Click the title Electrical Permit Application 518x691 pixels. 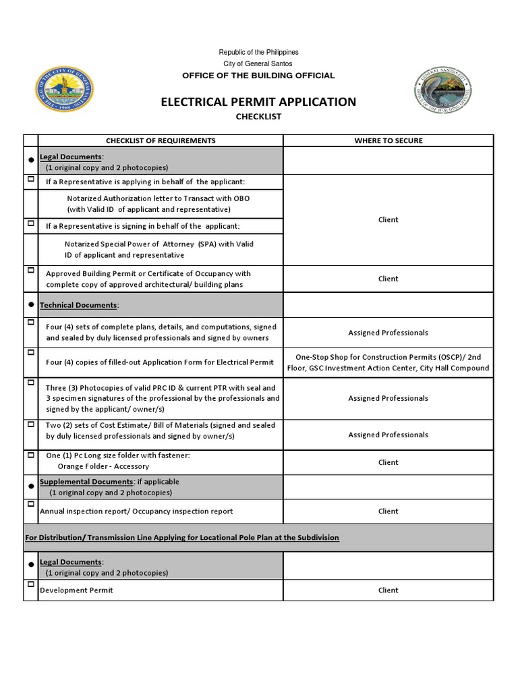[x=258, y=102]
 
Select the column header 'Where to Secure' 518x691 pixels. [x=388, y=140]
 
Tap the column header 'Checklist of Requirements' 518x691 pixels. [x=160, y=140]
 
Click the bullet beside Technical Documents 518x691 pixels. [x=31, y=305]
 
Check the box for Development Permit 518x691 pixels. [x=31, y=584]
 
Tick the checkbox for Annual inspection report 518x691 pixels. [x=31, y=504]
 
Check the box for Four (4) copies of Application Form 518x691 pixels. [x=31, y=352]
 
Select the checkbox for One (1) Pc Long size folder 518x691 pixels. [x=31, y=455]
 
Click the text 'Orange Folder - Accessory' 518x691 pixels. [x=103, y=466]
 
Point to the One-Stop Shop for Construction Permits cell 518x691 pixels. [x=388, y=362]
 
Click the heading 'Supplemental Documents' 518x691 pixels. [x=86, y=482]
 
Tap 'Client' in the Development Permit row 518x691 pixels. [x=388, y=590]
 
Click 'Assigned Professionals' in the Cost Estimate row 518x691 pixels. [x=388, y=435]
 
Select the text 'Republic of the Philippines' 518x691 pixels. [x=259, y=53]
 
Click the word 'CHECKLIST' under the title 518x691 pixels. [x=258, y=117]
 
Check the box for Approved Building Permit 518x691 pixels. [x=31, y=270]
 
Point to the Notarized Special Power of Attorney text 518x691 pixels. [x=159, y=250]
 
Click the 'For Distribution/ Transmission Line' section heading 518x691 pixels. [x=182, y=537]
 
